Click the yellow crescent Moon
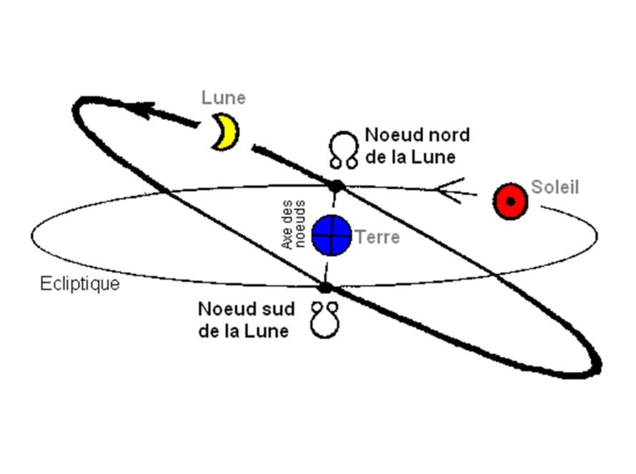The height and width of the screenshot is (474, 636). pyautogui.click(x=225, y=131)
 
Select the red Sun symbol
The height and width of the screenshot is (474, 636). pyautogui.click(x=510, y=201)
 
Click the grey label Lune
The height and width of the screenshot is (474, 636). pyautogui.click(x=223, y=98)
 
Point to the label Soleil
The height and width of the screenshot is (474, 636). pyautogui.click(x=555, y=188)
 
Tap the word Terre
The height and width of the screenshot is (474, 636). pyautogui.click(x=377, y=237)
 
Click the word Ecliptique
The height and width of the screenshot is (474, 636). pyautogui.click(x=79, y=284)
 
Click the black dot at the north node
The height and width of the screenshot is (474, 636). pyautogui.click(x=336, y=186)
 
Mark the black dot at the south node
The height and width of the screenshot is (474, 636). pyautogui.click(x=325, y=288)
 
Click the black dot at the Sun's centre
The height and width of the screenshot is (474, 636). pyautogui.click(x=510, y=201)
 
